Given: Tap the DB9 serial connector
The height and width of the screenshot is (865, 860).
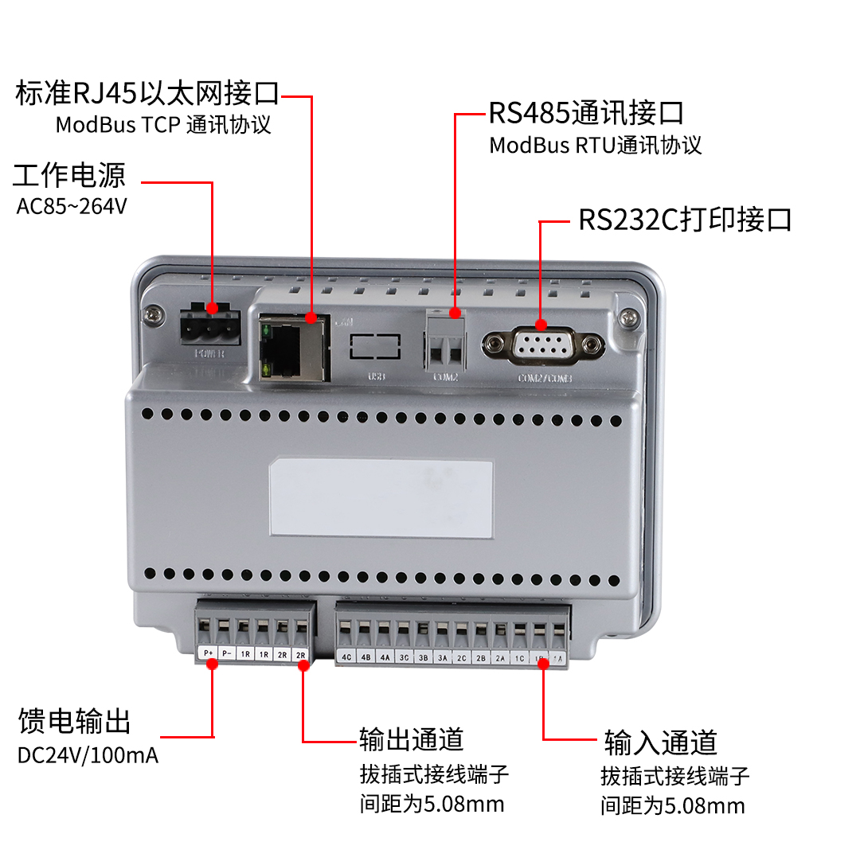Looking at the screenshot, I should click(x=542, y=345).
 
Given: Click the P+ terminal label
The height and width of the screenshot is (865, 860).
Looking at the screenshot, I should click(x=208, y=653).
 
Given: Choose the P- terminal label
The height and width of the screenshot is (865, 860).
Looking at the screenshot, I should click(x=227, y=653).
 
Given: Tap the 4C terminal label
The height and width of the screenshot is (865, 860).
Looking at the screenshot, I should click(x=346, y=657).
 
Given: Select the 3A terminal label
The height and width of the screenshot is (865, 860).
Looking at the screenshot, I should click(x=442, y=657).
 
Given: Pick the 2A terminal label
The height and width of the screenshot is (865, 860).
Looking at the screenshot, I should click(x=500, y=657).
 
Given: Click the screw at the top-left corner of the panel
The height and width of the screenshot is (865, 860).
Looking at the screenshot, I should click(x=150, y=315).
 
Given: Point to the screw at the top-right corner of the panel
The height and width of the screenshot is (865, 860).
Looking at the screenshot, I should click(x=628, y=317).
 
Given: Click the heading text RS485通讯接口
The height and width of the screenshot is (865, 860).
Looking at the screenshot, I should click(x=586, y=113).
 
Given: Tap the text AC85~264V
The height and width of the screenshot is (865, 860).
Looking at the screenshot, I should click(x=72, y=206).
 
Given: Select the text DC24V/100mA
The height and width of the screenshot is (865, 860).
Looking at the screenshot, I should click(x=88, y=754).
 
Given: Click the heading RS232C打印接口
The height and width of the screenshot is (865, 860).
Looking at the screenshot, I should click(x=685, y=220).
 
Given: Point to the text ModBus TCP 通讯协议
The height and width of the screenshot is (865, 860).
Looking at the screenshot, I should click(x=163, y=125).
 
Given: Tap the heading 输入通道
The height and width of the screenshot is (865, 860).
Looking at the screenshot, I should click(x=660, y=742).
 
